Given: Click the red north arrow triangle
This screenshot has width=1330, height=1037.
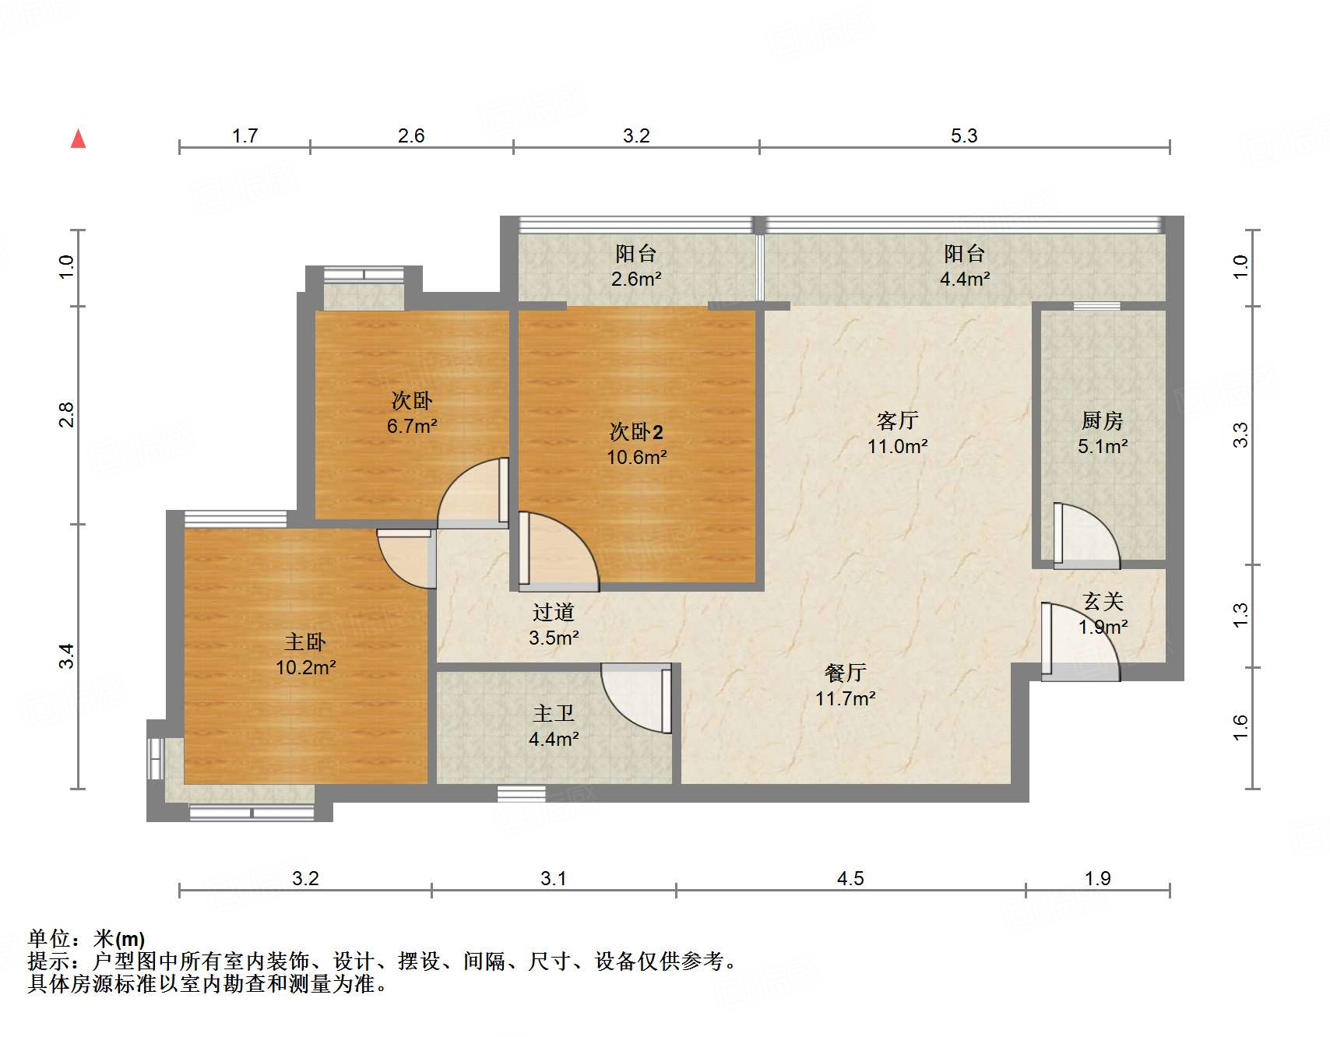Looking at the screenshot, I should pos(78,139).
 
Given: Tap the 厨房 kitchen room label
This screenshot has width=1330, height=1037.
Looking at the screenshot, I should pos(1103,421).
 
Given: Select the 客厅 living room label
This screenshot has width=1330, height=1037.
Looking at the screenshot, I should pos(897,421).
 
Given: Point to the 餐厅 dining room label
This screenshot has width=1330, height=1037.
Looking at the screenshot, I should pos(845,673).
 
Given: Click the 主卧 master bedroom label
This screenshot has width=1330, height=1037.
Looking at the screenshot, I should pos(304,642).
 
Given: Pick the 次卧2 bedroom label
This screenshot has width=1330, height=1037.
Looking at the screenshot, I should pos(636,432).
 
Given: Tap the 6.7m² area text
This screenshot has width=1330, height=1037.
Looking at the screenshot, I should pos(412,427).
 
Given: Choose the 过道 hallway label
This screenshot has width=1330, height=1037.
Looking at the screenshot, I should pos(554,613).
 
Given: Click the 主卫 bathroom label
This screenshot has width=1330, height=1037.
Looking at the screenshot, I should pos(554,713).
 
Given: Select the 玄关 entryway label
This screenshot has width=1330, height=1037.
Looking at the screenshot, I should pos(1103,602).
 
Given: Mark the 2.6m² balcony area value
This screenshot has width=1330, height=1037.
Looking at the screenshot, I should pos(636,279).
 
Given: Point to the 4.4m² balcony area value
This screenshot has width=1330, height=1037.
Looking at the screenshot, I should pos(964,279).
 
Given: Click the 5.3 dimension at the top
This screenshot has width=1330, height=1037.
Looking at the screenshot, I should pos(964,136).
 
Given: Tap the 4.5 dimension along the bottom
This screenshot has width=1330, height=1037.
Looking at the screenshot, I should pos(850,879).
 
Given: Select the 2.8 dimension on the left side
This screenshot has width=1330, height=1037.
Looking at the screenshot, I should pos(67,415).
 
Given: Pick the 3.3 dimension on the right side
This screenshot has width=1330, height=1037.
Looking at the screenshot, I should pos(1240,434).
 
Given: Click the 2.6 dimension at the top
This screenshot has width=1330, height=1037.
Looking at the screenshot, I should pos(411,136).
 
